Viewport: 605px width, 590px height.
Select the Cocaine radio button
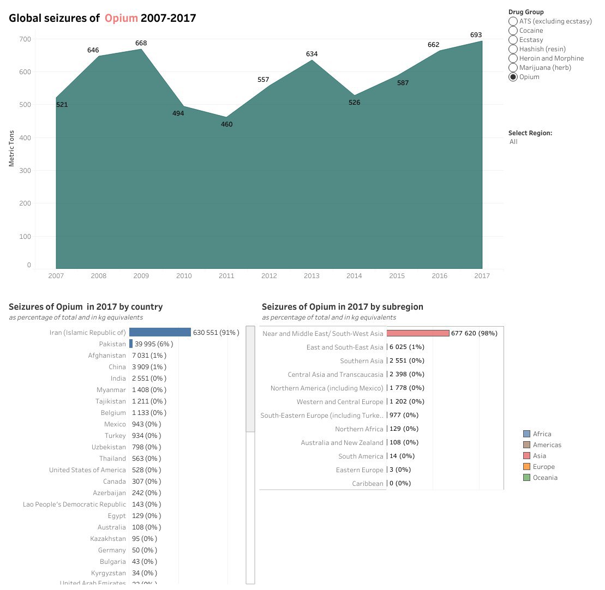click(x=513, y=31)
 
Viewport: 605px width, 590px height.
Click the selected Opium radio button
click(x=513, y=77)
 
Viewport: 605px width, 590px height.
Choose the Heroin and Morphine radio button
click(x=513, y=58)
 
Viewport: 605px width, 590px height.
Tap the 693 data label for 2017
click(x=476, y=35)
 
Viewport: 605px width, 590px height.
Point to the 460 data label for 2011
click(x=226, y=124)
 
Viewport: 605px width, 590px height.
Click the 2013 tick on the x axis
click(x=312, y=276)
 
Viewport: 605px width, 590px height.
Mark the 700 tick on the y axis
click(x=25, y=39)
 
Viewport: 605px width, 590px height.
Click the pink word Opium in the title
click(x=121, y=18)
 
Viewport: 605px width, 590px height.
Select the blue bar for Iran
click(x=160, y=332)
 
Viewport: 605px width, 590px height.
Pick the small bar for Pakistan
click(x=131, y=344)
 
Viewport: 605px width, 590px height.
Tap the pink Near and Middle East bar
click(x=417, y=333)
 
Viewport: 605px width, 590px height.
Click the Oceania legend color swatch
click(x=526, y=478)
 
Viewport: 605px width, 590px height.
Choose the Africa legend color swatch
click(x=526, y=434)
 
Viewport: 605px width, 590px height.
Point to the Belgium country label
click(x=113, y=413)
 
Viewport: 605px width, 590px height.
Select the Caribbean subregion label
click(x=368, y=484)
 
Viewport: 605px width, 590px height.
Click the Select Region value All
click(x=513, y=142)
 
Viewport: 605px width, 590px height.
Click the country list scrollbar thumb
click(x=250, y=379)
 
